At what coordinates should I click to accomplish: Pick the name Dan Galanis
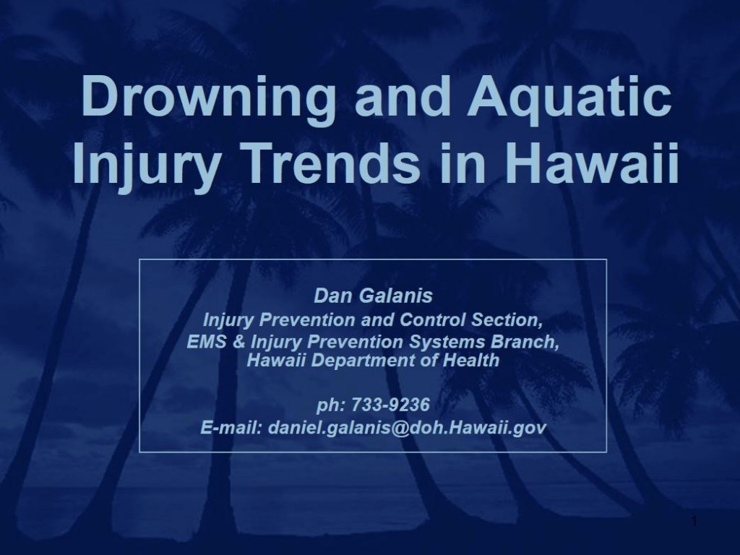tap(373, 296)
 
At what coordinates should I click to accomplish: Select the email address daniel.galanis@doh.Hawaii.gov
tap(408, 427)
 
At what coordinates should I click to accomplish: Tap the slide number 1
tap(694, 522)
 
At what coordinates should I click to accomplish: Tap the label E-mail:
tap(231, 427)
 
